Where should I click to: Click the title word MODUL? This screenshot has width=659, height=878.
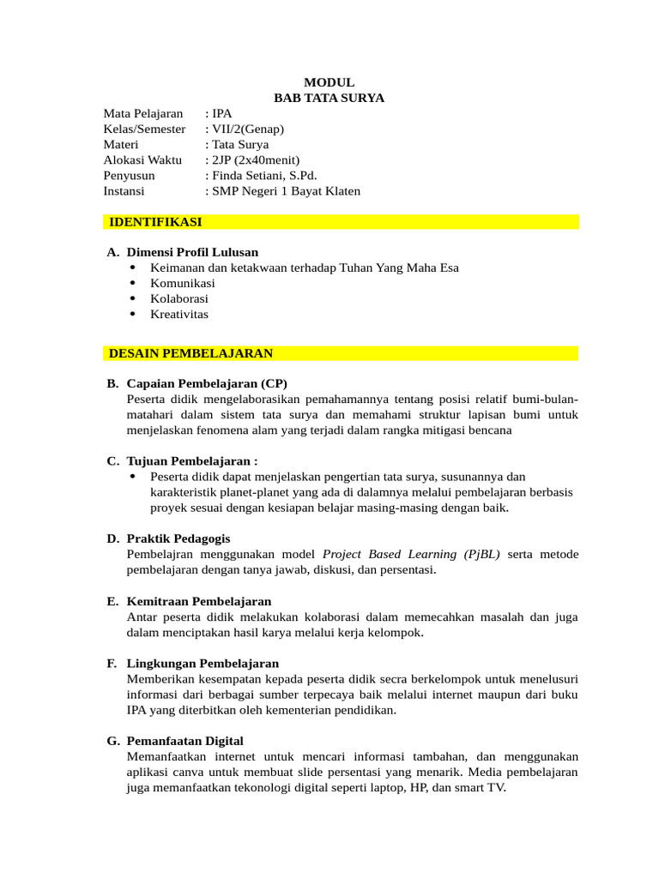[x=329, y=82]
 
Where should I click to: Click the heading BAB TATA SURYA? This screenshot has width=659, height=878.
[x=329, y=98]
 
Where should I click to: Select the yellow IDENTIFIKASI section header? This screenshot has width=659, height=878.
[x=155, y=222]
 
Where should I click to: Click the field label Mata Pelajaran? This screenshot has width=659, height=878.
[x=143, y=113]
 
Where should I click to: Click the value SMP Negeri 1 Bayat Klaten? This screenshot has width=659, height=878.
[x=286, y=190]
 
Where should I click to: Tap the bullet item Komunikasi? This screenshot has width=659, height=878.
[x=183, y=283]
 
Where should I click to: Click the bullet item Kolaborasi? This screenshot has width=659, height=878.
[x=179, y=298]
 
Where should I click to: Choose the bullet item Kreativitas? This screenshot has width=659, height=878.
[x=179, y=314]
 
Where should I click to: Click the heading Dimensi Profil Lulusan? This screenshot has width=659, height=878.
[x=192, y=252]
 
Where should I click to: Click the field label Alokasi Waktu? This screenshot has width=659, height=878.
[x=142, y=159]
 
